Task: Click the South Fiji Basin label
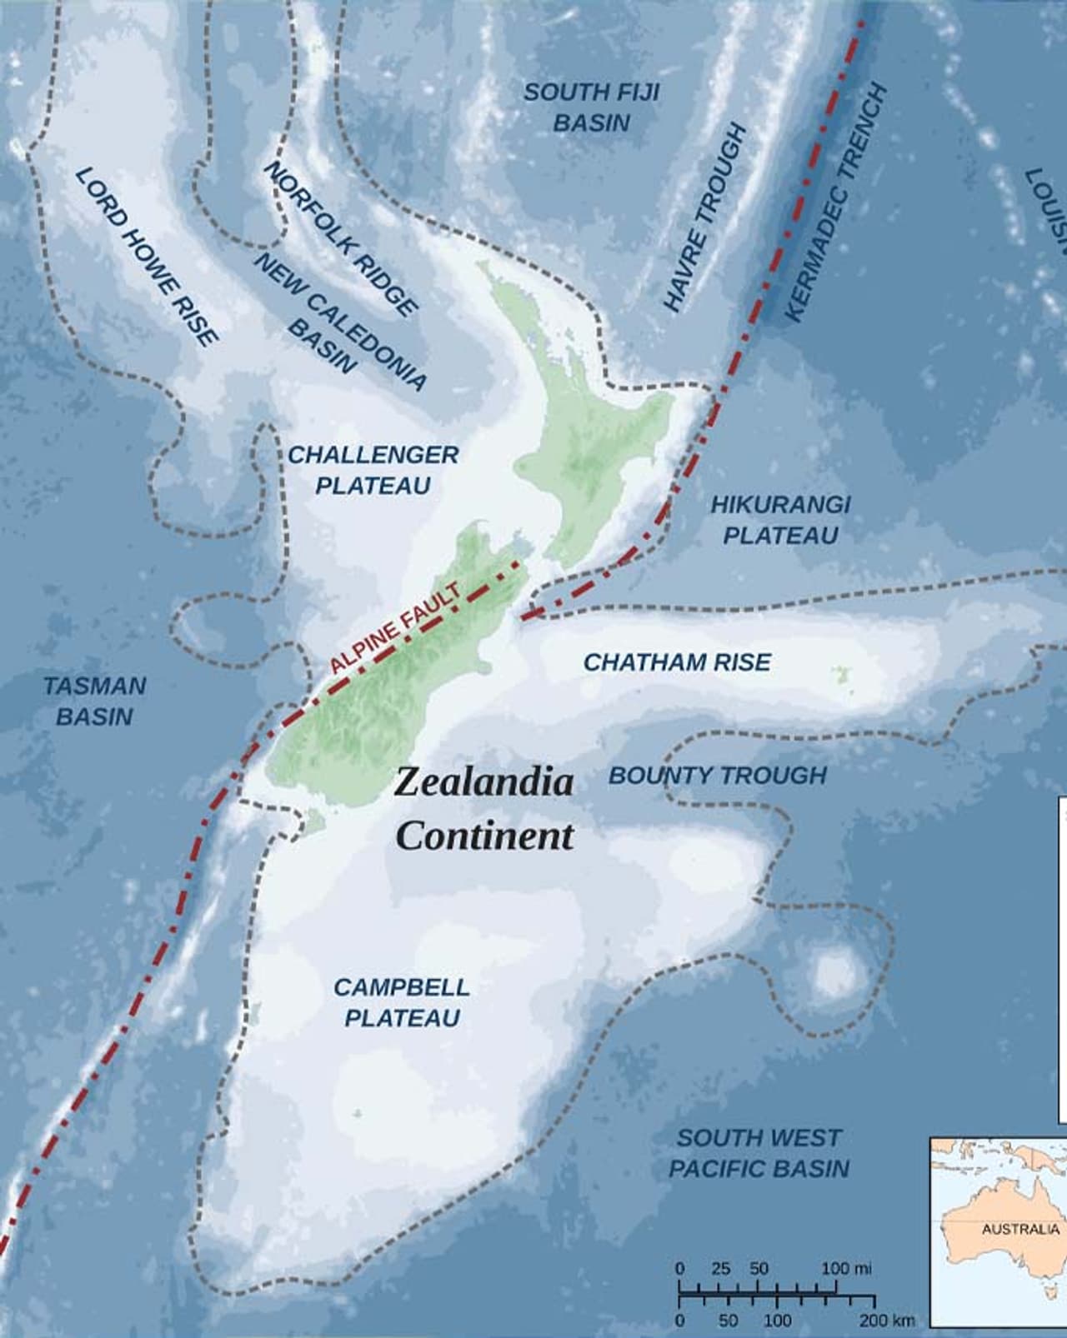590,107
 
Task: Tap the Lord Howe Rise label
147,256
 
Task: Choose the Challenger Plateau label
373,470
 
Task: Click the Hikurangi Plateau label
780,519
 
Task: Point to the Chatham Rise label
677,662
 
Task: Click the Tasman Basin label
94,701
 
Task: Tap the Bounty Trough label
717,776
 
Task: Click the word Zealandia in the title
484,782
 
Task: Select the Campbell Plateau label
402,1002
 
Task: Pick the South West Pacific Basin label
759,1153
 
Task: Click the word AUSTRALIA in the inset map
1020,1230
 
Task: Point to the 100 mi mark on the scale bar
846,1269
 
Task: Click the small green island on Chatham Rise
840,671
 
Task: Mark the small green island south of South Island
313,823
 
